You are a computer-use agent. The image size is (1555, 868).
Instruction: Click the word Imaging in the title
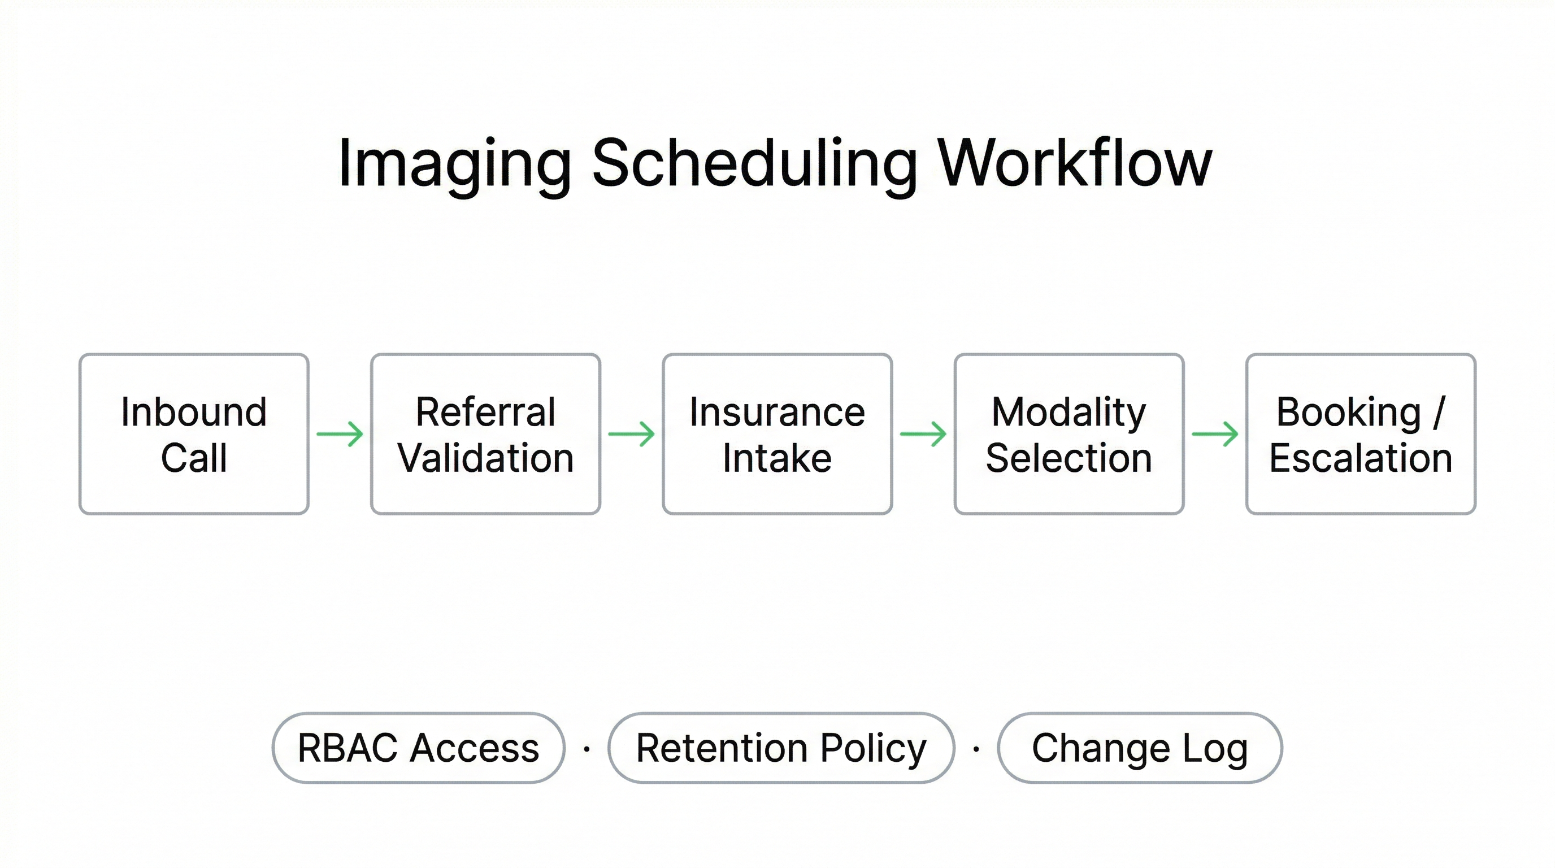pos(454,164)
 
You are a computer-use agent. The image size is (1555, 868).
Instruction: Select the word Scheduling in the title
pos(754,164)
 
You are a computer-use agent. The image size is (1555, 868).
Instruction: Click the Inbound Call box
pos(194,434)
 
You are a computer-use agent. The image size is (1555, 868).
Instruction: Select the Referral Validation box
pos(485,434)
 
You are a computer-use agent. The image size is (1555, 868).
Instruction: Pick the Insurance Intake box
pos(777,434)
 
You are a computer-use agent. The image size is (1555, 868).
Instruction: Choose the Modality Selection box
pos(1068,434)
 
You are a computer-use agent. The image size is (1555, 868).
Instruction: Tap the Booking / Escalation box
pos(1361,434)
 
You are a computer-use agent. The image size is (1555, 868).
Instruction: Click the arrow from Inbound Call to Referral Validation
pos(340,434)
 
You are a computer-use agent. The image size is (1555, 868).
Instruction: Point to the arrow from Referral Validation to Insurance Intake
pos(631,434)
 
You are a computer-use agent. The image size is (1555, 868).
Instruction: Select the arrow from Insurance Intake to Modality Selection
pos(923,434)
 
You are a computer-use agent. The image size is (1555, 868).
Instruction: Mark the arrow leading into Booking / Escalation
pos(1214,434)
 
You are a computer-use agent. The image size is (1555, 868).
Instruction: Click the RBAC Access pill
pos(418,748)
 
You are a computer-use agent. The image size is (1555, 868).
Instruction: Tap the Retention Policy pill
pos(781,748)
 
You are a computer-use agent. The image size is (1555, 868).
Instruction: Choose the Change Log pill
pos(1140,748)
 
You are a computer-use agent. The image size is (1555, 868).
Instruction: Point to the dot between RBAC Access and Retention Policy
pos(587,750)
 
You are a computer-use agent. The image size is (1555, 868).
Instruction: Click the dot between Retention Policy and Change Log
pos(976,750)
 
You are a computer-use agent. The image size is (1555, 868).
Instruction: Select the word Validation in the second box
pos(485,458)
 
